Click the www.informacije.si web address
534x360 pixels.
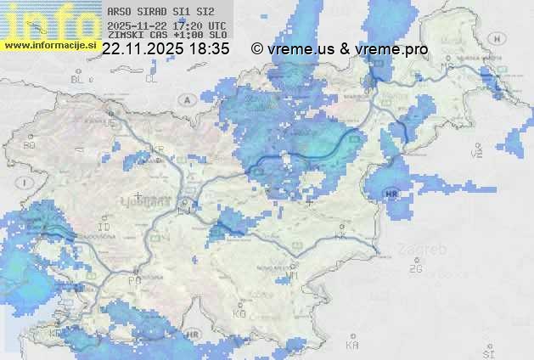tap(49, 45)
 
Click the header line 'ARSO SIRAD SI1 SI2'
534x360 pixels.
tap(155, 12)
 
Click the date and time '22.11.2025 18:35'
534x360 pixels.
tap(166, 49)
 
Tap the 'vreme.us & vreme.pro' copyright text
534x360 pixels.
tap(340, 49)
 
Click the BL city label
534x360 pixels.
tap(79, 79)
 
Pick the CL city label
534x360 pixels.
tap(151, 79)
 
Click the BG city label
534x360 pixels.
tap(30, 145)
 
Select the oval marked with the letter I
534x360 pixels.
tap(26, 183)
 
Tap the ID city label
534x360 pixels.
tap(104, 228)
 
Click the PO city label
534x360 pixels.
tap(134, 279)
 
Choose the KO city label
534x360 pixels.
tap(239, 313)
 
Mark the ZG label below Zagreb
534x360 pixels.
tap(415, 269)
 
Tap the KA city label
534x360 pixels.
tap(352, 345)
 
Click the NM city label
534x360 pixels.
tap(293, 275)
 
